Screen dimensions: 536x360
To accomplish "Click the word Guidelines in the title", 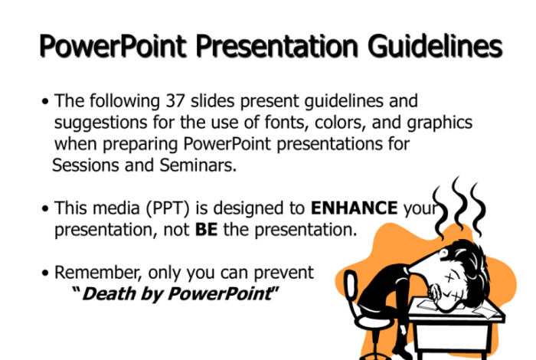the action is tap(435, 47).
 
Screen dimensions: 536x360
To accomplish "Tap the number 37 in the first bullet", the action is tap(175, 100).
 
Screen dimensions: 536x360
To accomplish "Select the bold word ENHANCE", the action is tap(354, 208).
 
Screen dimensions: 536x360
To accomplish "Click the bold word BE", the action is tap(206, 229).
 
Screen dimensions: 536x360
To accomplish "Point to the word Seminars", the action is tap(198, 165).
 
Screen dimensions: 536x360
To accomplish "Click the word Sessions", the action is tap(86, 165).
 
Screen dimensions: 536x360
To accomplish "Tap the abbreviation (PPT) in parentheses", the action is tap(168, 208).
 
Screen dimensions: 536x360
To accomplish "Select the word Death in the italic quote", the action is tap(109, 293).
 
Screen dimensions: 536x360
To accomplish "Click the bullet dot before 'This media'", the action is tap(45, 208).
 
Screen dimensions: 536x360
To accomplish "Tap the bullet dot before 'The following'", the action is tap(45, 102).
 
